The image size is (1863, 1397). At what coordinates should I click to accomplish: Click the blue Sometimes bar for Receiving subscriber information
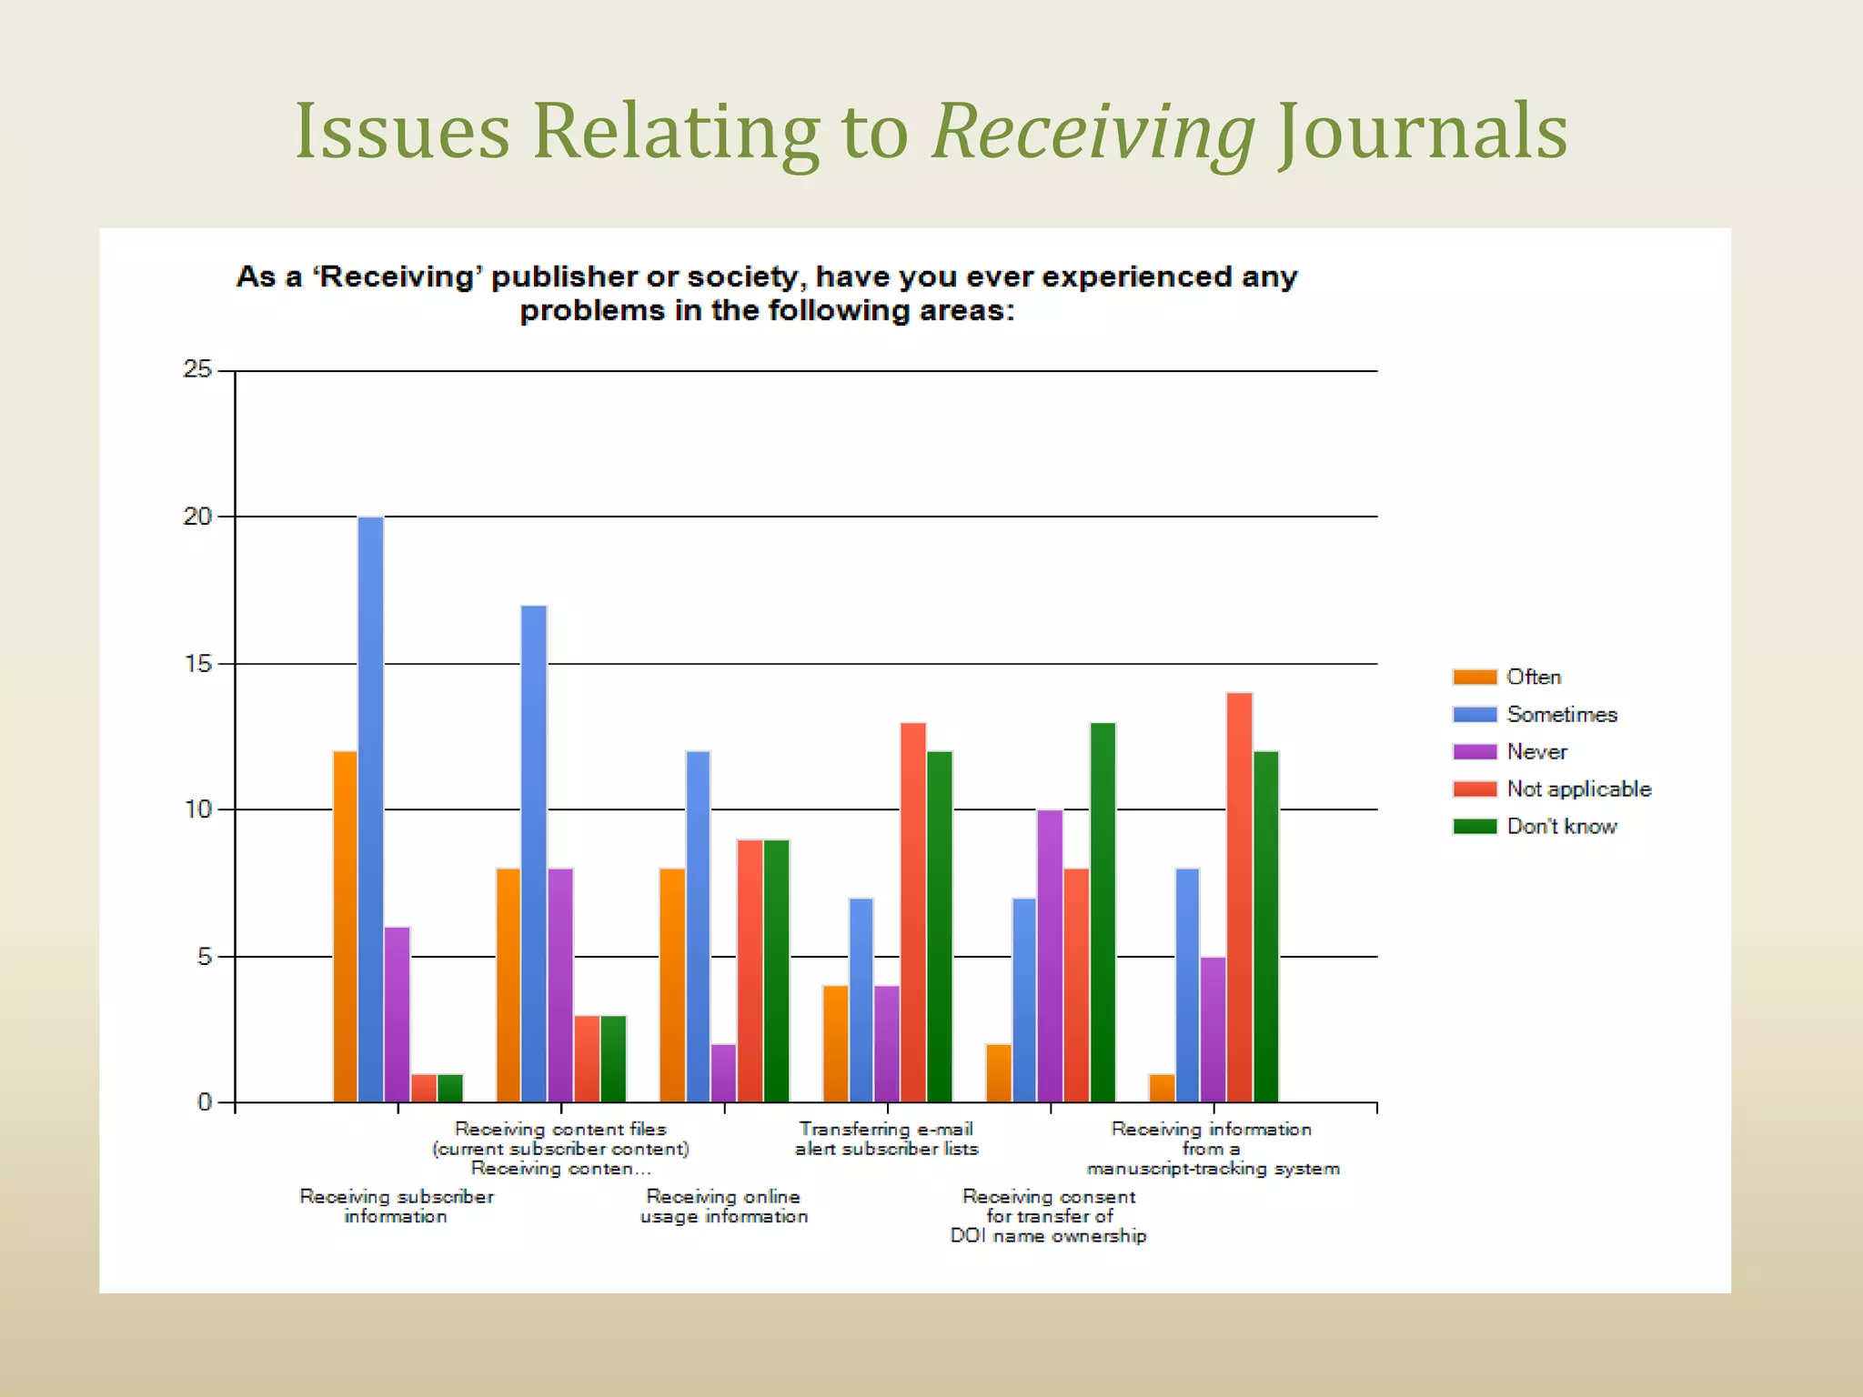click(370, 809)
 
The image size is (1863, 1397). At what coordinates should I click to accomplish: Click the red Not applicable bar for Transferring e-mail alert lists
click(913, 912)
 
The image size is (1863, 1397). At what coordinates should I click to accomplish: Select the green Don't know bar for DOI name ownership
click(1103, 912)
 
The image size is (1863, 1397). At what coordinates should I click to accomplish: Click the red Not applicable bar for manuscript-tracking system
click(1239, 897)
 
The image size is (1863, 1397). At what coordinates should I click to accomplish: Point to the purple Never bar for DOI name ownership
click(1050, 955)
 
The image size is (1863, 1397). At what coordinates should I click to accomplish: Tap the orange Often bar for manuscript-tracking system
click(1162, 1088)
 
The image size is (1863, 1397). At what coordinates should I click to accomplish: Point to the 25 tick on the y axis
click(197, 369)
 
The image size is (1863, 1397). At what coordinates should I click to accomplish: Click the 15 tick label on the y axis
click(197, 664)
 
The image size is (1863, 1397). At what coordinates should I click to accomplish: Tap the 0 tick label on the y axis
click(204, 1102)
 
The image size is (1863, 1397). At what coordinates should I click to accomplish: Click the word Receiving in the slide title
click(1093, 132)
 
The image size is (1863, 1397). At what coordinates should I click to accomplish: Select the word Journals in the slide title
click(1422, 132)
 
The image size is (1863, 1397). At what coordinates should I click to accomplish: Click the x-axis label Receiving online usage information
click(724, 1206)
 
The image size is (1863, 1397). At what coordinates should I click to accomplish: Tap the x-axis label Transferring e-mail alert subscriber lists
click(887, 1139)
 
